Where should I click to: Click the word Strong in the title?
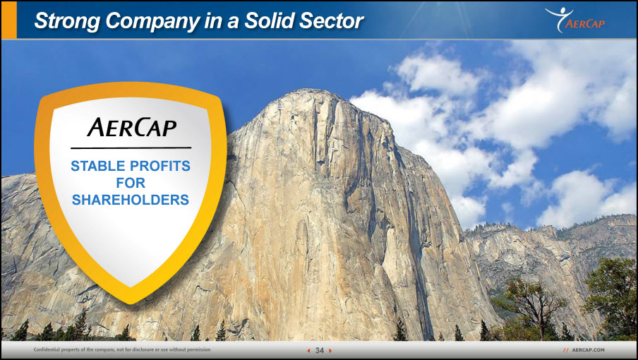pos(67,21)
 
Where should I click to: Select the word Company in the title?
pos(152,21)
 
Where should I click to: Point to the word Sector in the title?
pos(331,20)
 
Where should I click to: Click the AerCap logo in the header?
pos(575,20)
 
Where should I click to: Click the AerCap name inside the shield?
pos(131,127)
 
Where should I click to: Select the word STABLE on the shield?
pos(98,166)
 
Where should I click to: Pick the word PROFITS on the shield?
pos(160,166)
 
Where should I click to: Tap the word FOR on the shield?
pos(131,183)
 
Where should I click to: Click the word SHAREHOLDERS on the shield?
pos(131,200)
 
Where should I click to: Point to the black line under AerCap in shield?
pos(131,148)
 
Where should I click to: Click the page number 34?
pos(320,350)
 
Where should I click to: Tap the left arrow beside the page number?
pos(308,351)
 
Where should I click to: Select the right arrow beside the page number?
pos(330,351)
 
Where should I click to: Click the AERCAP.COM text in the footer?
pos(589,350)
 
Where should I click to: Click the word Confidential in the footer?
pos(47,349)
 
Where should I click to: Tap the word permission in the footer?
pos(198,350)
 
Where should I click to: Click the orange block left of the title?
pos(9,20)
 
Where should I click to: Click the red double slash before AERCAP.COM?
pos(566,350)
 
